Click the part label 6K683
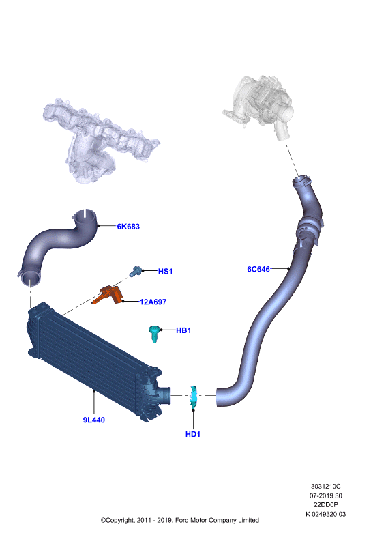(128, 227)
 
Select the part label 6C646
(258, 269)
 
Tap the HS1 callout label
(165, 271)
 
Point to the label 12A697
(153, 302)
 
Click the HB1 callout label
(183, 330)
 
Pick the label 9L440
(94, 420)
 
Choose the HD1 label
(193, 434)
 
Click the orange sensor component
(107, 295)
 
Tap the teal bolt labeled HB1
(154, 333)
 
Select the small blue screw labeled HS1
(136, 271)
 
